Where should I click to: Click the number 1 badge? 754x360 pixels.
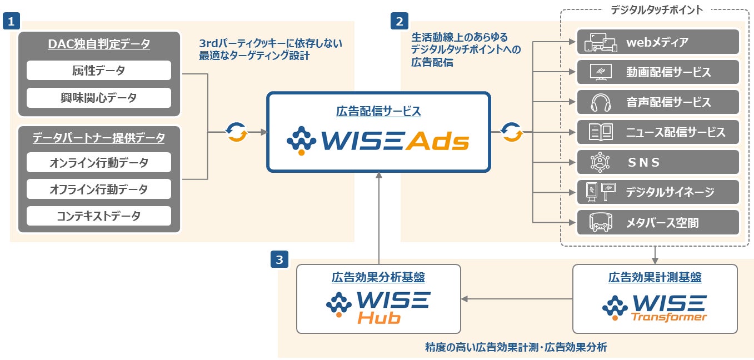coord(11,21)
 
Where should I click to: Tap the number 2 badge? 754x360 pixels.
coord(400,21)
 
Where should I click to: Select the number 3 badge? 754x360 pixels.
coord(279,259)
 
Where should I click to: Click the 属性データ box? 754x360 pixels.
coord(99,71)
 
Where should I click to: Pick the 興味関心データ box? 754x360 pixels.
coord(99,98)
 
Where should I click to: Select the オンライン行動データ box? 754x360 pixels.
coord(99,163)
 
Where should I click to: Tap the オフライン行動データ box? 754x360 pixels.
coord(99,189)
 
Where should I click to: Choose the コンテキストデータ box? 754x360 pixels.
coord(99,216)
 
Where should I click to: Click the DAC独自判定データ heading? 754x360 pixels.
coord(99,44)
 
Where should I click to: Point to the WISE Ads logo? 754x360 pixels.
coord(378,142)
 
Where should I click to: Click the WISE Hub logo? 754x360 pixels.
coord(378,308)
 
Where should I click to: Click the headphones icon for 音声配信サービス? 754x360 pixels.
coord(600,102)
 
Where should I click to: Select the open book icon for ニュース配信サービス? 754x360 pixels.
coord(600,132)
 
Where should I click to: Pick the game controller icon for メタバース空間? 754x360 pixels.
coord(600,223)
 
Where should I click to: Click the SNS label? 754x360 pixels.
coord(643,162)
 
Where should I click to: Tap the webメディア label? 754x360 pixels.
coord(657,42)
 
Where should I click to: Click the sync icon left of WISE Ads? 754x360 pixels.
coord(236,132)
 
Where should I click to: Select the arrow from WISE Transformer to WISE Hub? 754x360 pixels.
coord(517,299)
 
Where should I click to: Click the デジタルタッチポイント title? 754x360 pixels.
coord(656,9)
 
